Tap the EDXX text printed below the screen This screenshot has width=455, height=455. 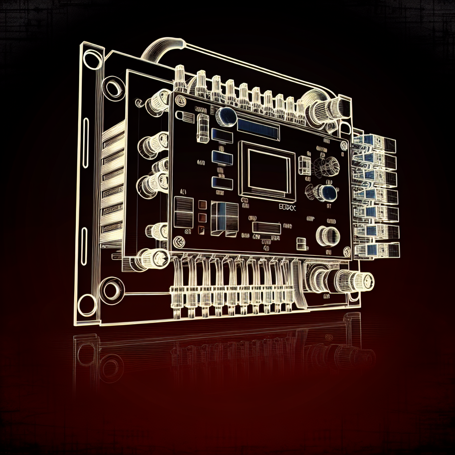coord(287,206)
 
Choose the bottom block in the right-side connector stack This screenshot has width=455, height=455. coord(380,250)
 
